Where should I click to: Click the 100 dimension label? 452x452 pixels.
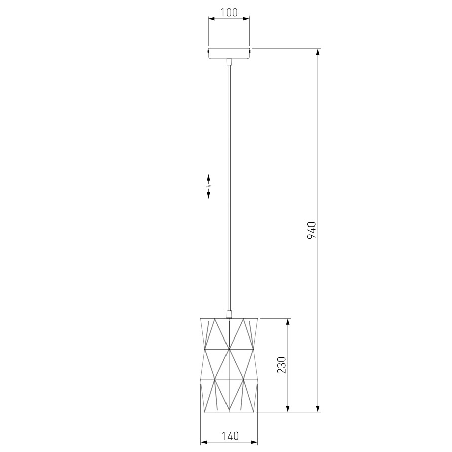tap(229, 12)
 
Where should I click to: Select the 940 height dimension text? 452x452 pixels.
tap(312, 230)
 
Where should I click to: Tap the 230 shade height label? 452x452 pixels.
tap(282, 365)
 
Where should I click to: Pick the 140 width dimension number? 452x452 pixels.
tap(231, 436)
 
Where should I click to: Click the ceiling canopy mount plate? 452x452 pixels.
tap(229, 53)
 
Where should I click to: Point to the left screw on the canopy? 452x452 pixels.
tap(207, 51)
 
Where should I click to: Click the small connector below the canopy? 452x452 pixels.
tap(229, 62)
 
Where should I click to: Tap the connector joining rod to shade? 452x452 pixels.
tap(229, 314)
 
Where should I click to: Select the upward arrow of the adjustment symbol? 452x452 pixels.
tap(208, 177)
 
